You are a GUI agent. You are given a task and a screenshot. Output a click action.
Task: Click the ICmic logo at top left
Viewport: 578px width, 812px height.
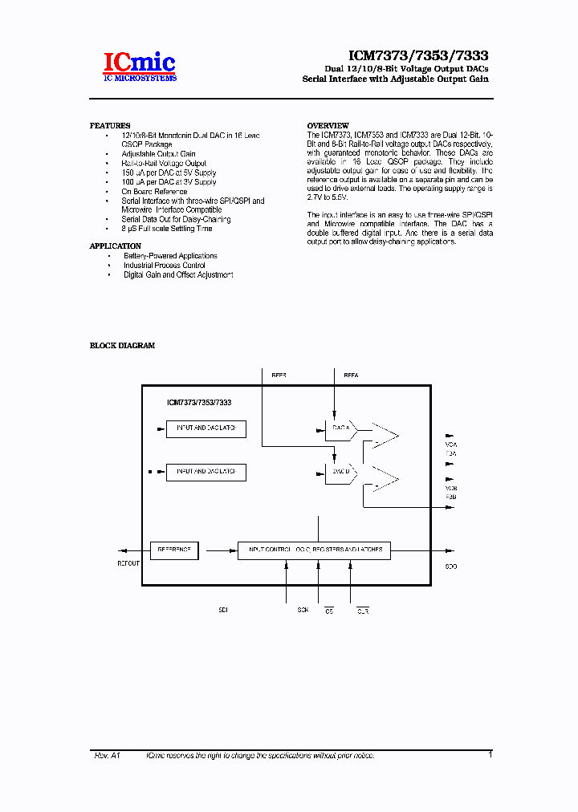pyautogui.click(x=139, y=67)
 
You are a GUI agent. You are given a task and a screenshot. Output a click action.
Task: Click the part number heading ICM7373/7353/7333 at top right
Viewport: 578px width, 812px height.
pyautogui.click(x=418, y=56)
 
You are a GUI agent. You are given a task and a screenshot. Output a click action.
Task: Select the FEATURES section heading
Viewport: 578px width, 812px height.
pyautogui.click(x=110, y=126)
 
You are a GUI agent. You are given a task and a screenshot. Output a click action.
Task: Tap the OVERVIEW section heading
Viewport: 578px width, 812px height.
pyautogui.click(x=328, y=126)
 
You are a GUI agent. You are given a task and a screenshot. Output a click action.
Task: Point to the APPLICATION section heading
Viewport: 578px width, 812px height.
pyautogui.click(x=116, y=246)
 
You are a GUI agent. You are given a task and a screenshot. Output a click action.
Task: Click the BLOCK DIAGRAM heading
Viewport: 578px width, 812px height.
pyautogui.click(x=122, y=346)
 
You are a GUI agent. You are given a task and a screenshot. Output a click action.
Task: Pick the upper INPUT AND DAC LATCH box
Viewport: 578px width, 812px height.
pyautogui.click(x=206, y=428)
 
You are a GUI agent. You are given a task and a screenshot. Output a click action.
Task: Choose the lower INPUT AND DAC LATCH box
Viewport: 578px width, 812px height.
pyautogui.click(x=206, y=472)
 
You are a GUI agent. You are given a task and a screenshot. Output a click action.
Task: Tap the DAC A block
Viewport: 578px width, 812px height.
pyautogui.click(x=342, y=429)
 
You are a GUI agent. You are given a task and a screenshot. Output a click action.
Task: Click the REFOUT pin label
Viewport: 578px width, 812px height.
pyautogui.click(x=128, y=563)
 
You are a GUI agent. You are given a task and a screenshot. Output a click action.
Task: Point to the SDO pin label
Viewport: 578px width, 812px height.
pyautogui.click(x=451, y=566)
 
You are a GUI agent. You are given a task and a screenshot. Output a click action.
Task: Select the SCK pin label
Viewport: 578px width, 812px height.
pyautogui.click(x=303, y=611)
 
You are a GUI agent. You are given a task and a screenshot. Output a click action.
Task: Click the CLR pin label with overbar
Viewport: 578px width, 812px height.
pyautogui.click(x=363, y=611)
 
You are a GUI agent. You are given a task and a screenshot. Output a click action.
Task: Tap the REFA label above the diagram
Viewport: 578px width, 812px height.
pyautogui.click(x=351, y=375)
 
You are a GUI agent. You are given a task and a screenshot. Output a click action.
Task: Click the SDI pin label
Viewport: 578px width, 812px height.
pyautogui.click(x=223, y=611)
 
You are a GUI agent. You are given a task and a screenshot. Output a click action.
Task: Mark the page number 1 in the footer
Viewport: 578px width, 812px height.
pyautogui.click(x=490, y=754)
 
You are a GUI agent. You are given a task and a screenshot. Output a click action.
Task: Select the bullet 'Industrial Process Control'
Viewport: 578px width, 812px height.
pyautogui.click(x=164, y=266)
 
